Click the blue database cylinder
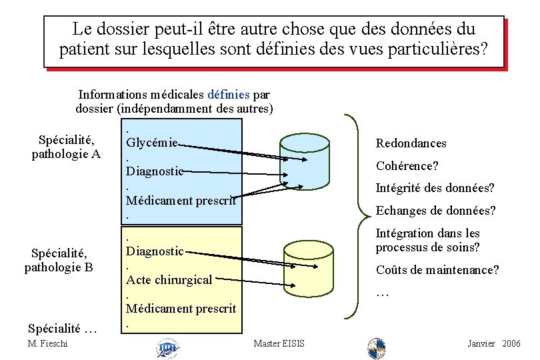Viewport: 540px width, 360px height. [305, 159]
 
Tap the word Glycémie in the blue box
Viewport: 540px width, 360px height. [152, 142]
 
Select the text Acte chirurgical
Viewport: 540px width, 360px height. [169, 280]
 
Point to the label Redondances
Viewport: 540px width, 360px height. [411, 143]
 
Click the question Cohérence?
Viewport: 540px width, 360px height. [407, 166]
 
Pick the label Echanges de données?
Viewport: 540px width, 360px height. [435, 211]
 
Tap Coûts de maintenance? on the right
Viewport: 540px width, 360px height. [437, 270]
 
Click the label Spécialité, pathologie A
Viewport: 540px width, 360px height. [66, 147]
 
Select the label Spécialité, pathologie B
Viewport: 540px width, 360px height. [59, 260]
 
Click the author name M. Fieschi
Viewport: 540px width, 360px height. [49, 343]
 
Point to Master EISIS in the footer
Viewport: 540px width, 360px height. [279, 343]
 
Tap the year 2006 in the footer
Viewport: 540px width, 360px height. [511, 343]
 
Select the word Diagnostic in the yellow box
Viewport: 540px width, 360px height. [155, 251]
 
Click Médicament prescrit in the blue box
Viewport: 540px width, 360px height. [181, 199]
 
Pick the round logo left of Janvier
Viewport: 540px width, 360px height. [377, 347]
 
